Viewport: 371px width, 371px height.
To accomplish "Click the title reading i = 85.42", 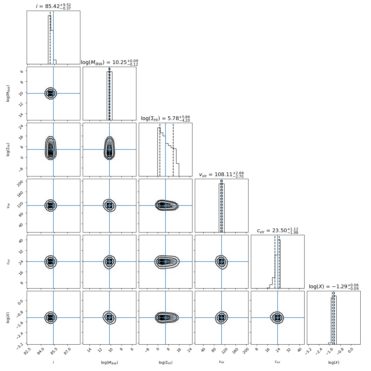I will pos(53,6).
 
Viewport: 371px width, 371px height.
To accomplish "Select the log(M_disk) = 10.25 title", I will pos(109,62).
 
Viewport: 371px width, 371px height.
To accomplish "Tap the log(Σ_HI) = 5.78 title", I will pos(165,119).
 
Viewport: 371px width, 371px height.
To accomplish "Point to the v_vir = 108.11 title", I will pos(222,175).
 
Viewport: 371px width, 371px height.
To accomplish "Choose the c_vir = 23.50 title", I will pos(278,231).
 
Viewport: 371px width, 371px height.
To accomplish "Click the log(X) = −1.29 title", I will pos(334,287).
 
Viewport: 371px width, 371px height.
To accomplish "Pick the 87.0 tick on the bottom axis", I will pos(68,350).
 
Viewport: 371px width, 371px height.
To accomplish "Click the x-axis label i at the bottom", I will pos(53,362).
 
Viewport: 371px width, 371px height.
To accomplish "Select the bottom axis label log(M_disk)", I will pos(109,362).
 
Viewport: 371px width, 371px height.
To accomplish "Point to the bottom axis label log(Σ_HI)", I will pos(165,362).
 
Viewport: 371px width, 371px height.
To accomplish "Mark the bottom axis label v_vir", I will pos(222,362).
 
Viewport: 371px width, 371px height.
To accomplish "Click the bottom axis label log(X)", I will pos(334,362).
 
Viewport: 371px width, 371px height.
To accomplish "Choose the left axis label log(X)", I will pos(8,318).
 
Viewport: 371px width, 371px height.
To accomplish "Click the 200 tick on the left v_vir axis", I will pos(21,181).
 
